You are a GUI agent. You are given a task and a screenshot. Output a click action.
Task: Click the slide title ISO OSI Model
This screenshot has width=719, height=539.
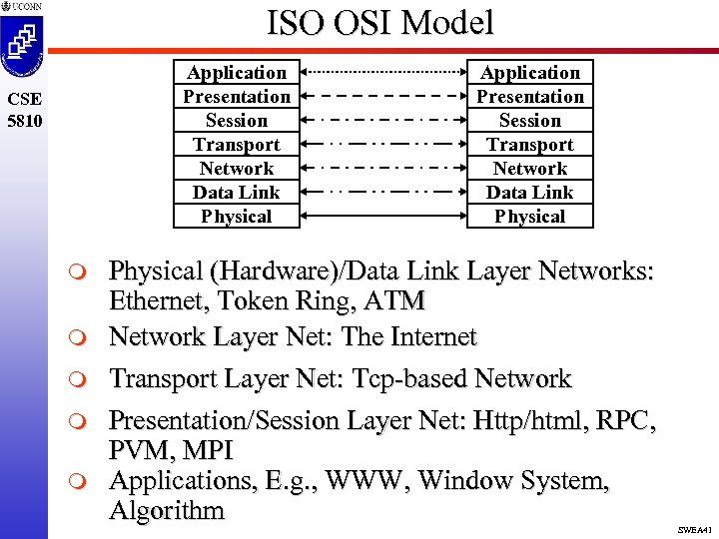379,24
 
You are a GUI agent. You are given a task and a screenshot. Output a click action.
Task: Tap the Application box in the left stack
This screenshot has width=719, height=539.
236,72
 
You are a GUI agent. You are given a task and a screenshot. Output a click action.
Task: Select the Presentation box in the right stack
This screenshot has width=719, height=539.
529,96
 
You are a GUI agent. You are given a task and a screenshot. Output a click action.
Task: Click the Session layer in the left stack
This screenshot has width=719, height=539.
236,120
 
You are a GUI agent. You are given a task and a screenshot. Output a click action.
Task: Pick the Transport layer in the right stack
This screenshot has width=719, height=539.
529,144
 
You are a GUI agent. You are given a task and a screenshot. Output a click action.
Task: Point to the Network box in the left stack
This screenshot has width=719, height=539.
236,168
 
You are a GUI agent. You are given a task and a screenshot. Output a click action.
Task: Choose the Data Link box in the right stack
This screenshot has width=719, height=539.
529,192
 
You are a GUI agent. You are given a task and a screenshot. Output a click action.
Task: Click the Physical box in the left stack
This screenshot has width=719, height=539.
236,216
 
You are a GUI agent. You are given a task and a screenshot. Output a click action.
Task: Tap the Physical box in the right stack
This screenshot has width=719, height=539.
529,216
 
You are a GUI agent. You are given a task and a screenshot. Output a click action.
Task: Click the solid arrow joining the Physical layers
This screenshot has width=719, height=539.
382,216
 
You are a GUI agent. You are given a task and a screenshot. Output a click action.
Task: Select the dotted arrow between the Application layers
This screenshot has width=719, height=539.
382,72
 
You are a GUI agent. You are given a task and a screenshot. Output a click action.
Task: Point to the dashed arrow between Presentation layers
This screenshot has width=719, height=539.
382,96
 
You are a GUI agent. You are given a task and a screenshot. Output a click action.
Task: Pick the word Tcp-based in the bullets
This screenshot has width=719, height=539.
407,379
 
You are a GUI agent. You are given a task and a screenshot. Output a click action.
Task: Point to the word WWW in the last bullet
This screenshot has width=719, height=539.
364,480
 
